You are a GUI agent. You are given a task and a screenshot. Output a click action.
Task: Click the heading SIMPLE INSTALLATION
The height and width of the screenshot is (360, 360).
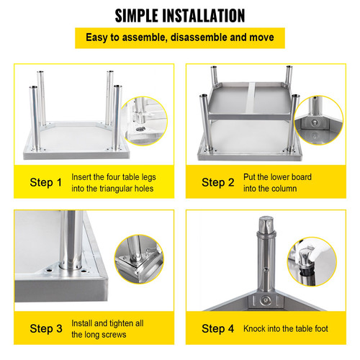[x=180, y=14]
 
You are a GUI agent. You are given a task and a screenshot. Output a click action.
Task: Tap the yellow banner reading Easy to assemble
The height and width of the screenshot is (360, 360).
[x=180, y=37]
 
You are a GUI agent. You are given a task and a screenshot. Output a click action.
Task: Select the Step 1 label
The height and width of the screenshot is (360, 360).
[x=50, y=183]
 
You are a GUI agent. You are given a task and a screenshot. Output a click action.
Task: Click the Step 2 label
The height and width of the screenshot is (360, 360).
[x=218, y=183]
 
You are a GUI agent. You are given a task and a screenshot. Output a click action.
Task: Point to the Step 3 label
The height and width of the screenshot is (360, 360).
[x=50, y=329]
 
